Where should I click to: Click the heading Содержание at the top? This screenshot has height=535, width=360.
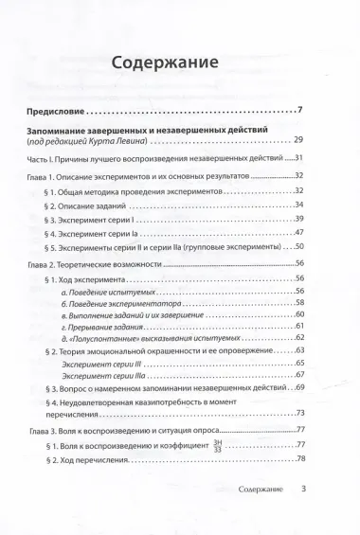178,63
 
